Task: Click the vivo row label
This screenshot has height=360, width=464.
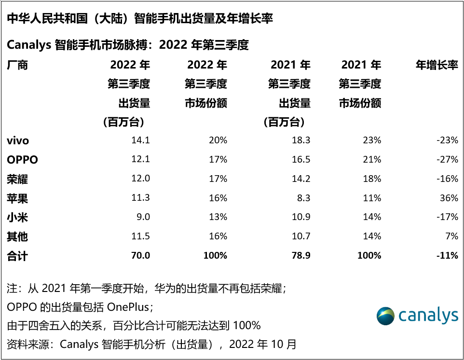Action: click(x=18, y=140)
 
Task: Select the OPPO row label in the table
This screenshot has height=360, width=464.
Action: click(x=22, y=160)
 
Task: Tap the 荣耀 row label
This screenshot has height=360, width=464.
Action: click(x=17, y=179)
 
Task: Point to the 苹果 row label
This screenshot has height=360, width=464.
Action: click(x=17, y=198)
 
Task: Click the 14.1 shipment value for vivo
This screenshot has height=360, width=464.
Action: click(x=141, y=140)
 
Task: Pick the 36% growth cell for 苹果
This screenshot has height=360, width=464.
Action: click(x=449, y=198)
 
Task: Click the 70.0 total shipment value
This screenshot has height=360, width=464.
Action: click(x=140, y=256)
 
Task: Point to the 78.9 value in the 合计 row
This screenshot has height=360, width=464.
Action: click(x=300, y=256)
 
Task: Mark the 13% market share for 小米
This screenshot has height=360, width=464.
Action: click(x=218, y=217)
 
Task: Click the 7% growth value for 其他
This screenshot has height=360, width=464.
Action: click(x=451, y=236)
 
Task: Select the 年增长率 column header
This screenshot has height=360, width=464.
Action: click(x=437, y=65)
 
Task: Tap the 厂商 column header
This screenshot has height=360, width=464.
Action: click(x=17, y=65)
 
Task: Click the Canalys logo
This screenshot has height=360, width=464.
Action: click(x=417, y=316)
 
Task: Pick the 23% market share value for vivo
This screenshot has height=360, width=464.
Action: click(x=372, y=140)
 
